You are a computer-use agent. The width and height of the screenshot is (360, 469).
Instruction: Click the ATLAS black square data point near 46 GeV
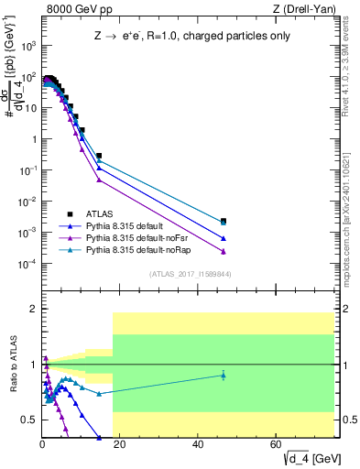click(224, 221)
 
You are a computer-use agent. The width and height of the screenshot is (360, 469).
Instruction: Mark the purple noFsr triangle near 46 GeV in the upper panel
click(224, 252)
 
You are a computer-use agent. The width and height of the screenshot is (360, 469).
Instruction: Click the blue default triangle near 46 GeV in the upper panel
click(224, 238)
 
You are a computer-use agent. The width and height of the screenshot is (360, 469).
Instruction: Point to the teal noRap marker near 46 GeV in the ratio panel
click(224, 375)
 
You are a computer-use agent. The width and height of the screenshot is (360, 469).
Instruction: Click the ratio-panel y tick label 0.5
click(28, 420)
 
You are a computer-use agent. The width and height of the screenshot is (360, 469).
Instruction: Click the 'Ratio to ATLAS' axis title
click(13, 365)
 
